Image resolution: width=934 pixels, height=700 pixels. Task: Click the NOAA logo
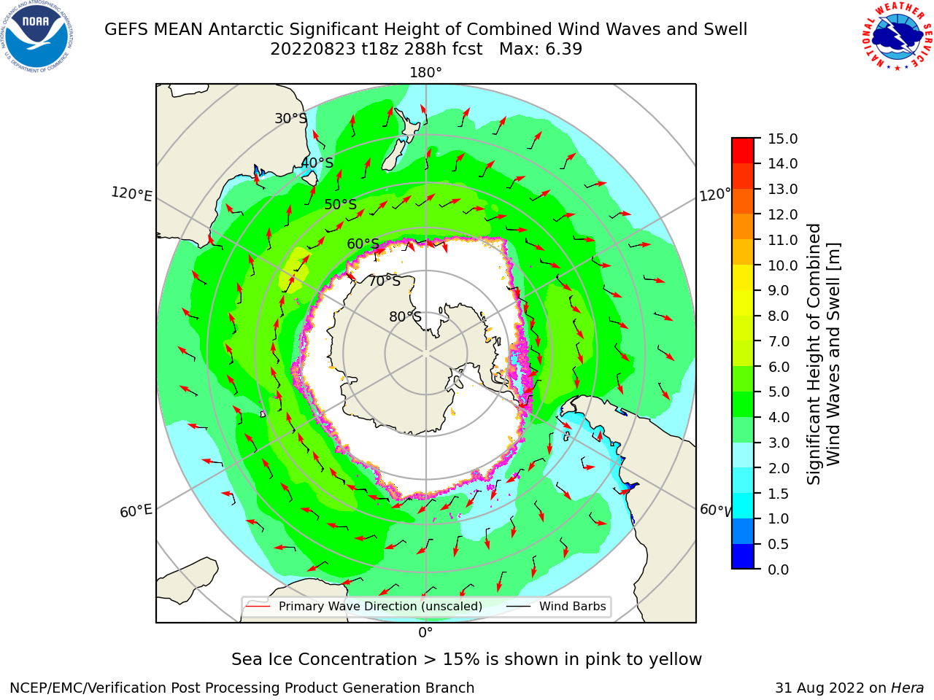click(37, 37)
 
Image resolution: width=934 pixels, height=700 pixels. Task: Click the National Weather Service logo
click(897, 36)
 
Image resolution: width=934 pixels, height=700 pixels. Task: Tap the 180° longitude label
click(425, 73)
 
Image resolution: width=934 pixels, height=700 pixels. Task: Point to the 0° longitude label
click(425, 633)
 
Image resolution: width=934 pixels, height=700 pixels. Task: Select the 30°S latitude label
click(290, 118)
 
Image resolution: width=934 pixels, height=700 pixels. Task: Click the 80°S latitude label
click(405, 316)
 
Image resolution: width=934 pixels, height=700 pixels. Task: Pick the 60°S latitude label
click(363, 244)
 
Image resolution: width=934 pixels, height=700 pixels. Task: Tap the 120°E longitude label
click(131, 194)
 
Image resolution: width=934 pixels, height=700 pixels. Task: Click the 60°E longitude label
click(136, 511)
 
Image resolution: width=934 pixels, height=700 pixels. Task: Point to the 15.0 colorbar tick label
click(782, 139)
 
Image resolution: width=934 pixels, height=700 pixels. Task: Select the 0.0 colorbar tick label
click(778, 569)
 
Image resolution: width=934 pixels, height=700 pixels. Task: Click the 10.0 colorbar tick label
click(782, 265)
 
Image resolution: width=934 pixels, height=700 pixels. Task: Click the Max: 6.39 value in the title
click(541, 50)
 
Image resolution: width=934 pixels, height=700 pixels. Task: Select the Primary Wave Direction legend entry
click(364, 606)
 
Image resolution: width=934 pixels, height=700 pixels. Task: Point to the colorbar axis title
click(823, 354)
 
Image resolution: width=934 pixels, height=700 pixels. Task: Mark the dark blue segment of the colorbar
click(743, 556)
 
